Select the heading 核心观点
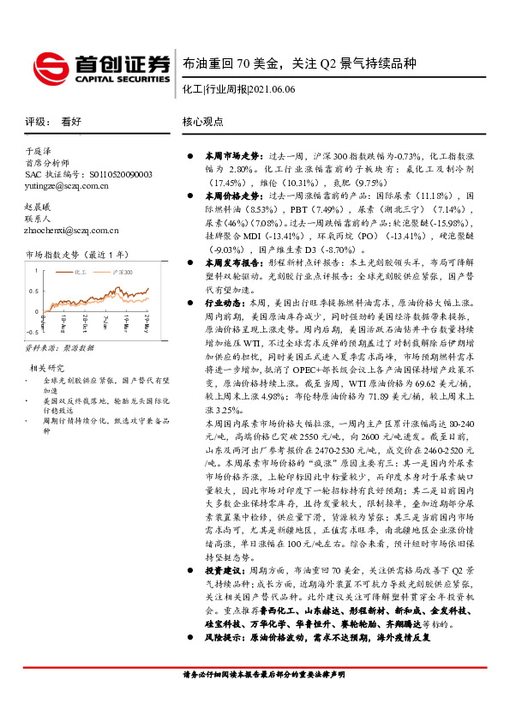[203, 123]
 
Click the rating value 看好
[72, 123]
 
